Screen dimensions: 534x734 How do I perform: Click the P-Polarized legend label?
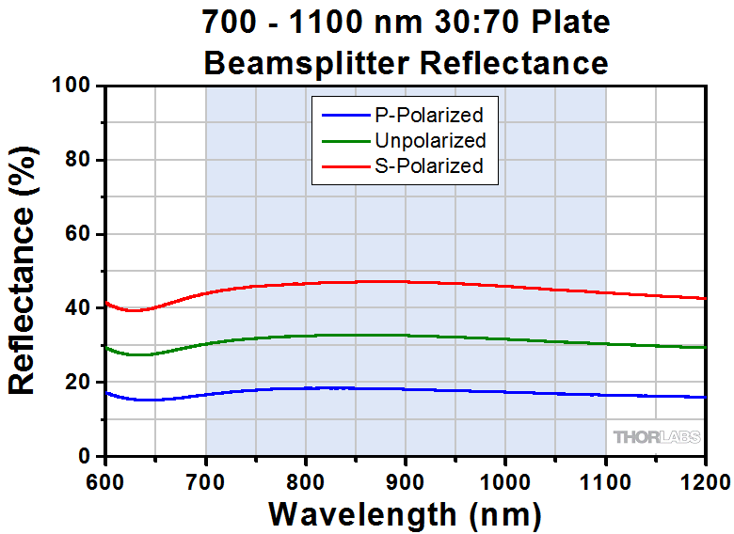[428, 116]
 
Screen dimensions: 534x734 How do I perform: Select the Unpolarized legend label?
[430, 141]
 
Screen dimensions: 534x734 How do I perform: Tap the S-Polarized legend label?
[428, 166]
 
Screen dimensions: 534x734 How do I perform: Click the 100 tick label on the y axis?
[70, 86]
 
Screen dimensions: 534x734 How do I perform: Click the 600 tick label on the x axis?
[105, 482]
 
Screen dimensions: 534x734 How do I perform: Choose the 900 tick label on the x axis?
[406, 482]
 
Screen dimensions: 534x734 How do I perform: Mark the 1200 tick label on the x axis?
[704, 482]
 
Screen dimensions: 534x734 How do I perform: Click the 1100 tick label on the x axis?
[605, 482]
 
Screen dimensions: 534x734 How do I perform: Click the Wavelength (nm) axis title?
[405, 514]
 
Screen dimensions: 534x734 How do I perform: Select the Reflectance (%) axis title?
[23, 271]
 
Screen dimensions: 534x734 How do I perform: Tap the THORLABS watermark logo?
[658, 437]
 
